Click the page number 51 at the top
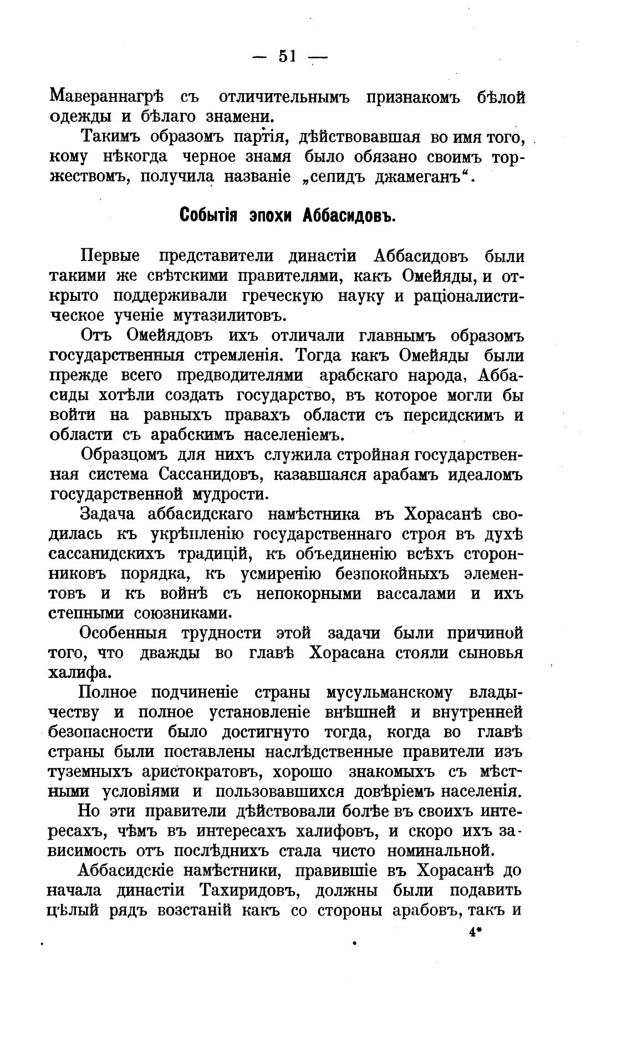pos(288,56)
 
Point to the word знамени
pos(247,116)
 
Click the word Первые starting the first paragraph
pos(110,256)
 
